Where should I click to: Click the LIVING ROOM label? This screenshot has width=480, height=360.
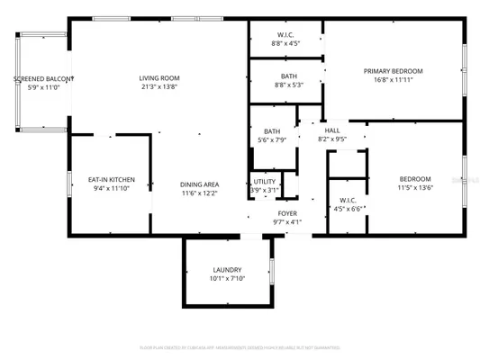(x=158, y=77)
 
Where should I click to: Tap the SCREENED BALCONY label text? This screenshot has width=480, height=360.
(x=41, y=79)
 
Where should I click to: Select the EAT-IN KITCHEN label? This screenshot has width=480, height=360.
(x=111, y=179)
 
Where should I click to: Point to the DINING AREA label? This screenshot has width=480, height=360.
(x=199, y=184)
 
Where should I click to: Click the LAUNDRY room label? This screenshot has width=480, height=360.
(x=226, y=270)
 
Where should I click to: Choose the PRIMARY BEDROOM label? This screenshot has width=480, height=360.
(x=393, y=70)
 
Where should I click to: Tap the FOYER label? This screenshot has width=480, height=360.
(x=286, y=213)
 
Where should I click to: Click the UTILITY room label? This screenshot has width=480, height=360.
(x=265, y=182)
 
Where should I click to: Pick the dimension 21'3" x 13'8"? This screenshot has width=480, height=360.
(x=158, y=87)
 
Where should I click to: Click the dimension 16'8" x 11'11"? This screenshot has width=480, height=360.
(x=393, y=80)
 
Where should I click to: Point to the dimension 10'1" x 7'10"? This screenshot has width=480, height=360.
(x=226, y=279)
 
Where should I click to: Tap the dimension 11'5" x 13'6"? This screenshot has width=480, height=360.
(x=415, y=188)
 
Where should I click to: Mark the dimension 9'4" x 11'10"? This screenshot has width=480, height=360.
(x=111, y=188)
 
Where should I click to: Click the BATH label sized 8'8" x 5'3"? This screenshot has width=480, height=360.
(x=288, y=76)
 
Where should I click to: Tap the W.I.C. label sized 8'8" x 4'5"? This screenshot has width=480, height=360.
(x=287, y=34)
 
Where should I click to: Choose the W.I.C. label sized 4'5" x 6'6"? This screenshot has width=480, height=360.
(x=349, y=200)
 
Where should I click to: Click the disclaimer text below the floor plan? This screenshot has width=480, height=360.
(x=240, y=346)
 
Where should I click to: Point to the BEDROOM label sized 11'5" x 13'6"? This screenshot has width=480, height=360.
(x=415, y=179)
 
